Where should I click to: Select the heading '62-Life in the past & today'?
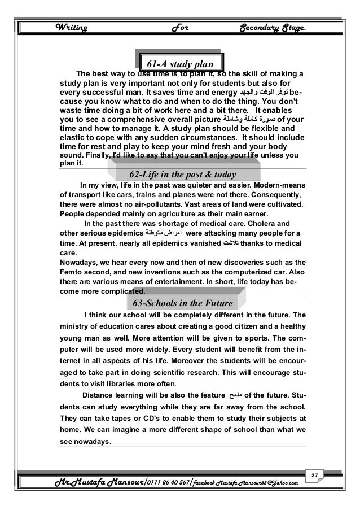point(182,173)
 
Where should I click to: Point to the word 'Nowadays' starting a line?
point(77,261)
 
